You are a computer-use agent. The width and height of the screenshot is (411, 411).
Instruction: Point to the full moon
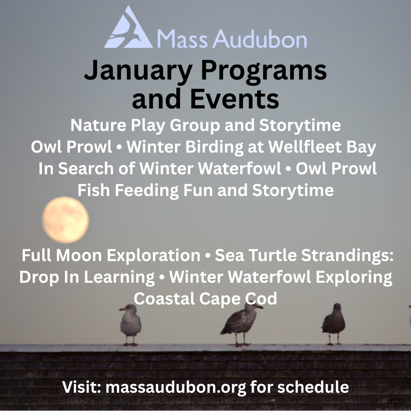tap(65, 220)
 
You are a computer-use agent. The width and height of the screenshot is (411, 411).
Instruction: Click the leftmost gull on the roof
tap(131, 324)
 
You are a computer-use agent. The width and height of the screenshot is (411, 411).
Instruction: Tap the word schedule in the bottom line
tap(313, 387)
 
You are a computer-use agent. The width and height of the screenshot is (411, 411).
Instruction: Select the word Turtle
tap(273, 255)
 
